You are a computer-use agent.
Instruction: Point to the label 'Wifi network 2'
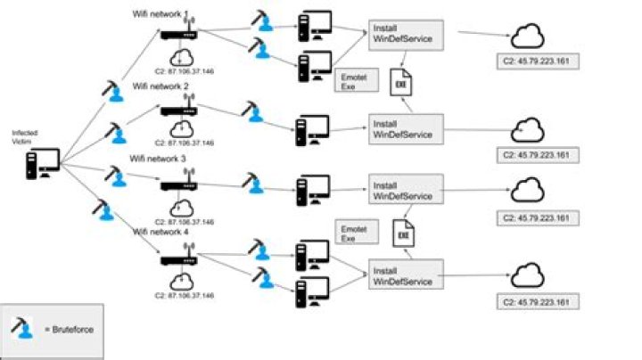(160, 86)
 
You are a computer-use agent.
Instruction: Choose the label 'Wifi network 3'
(158, 158)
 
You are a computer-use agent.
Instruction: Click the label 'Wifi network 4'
(160, 231)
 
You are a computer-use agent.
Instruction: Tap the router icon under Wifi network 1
(177, 32)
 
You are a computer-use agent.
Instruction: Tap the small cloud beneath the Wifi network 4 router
(183, 276)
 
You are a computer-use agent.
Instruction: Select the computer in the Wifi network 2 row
(313, 130)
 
